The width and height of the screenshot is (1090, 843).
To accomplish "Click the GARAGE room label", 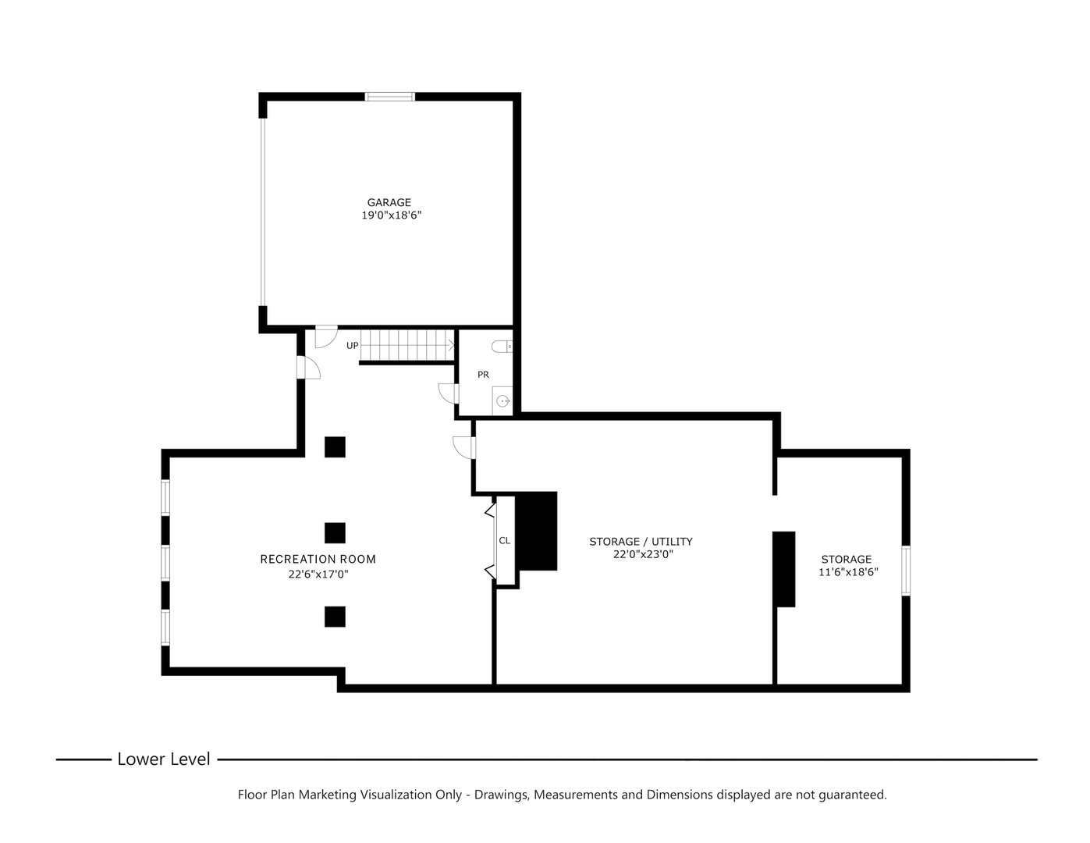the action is [x=389, y=202].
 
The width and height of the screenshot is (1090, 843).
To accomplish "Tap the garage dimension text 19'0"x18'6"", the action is [x=391, y=215].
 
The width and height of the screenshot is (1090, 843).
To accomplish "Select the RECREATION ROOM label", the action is [x=318, y=559].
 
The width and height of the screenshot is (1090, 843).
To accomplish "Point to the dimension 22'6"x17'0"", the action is [x=318, y=574].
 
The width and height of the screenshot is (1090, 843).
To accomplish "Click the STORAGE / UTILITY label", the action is [x=641, y=542].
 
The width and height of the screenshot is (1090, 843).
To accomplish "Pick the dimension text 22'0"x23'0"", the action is [x=643, y=554].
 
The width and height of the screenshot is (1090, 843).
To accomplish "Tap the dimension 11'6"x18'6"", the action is [x=848, y=572].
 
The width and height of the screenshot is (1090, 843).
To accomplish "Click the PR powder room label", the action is [x=483, y=375].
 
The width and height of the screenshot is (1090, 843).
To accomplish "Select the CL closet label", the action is [x=504, y=540].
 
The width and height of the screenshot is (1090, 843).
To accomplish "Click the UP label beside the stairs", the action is [x=352, y=346].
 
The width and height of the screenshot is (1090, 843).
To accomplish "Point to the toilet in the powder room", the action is [x=502, y=347].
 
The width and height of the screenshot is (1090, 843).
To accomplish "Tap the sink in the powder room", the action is [x=502, y=401].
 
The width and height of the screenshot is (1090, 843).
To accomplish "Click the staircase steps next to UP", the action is [x=407, y=345].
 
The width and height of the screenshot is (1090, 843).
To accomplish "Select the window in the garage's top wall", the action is [x=390, y=97].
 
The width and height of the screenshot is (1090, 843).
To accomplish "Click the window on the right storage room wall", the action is [x=906, y=571].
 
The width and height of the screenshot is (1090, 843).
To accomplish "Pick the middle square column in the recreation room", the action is [x=335, y=533].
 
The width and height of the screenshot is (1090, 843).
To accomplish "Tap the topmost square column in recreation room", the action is [x=335, y=447].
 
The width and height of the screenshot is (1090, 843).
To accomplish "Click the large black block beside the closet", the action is [x=536, y=531].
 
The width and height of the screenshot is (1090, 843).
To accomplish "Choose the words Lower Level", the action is [x=164, y=759].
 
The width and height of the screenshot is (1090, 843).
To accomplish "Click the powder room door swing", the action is [x=448, y=393].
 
